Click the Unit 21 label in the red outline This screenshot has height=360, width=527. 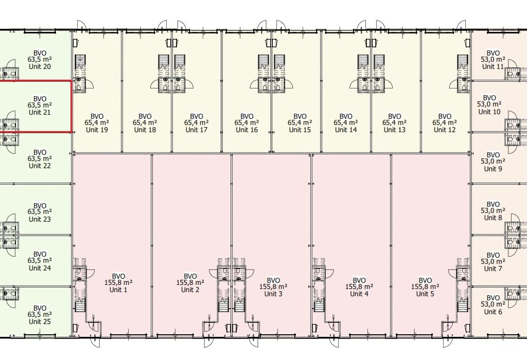(40, 112)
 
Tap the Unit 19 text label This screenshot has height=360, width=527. (97, 130)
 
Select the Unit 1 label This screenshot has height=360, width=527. (118, 290)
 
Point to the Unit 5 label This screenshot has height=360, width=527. (425, 294)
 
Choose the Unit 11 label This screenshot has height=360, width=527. (493, 66)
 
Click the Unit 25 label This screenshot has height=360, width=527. (40, 321)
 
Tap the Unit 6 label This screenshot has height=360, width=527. (493, 312)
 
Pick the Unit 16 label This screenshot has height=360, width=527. (247, 130)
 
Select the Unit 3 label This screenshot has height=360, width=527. (273, 294)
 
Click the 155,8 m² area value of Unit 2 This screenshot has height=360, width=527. (190, 283)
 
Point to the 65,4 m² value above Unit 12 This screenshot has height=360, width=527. (444, 123)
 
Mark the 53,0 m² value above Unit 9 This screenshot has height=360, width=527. (493, 161)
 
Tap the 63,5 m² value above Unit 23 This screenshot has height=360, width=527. (40, 212)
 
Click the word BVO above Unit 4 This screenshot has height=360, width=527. (359, 280)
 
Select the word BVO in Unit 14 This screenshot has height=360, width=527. (345, 117)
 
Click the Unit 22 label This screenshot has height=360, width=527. (40, 166)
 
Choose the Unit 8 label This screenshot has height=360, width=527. (493, 218)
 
